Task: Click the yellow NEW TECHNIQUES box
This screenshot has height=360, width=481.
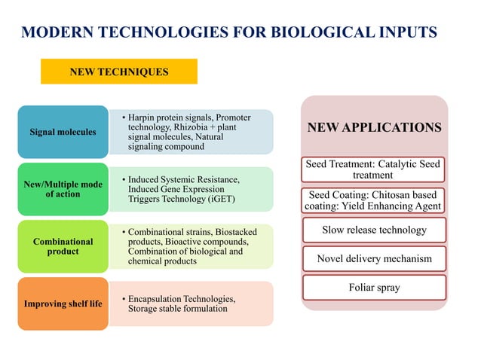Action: pyautogui.click(x=119, y=72)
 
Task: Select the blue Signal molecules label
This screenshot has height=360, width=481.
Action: pyautogui.click(x=63, y=133)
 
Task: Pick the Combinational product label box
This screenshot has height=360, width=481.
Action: pyautogui.click(x=63, y=246)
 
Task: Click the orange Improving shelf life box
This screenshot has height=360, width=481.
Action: pyautogui.click(x=63, y=304)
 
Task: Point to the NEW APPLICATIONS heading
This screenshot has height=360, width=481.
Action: pyautogui.click(x=374, y=128)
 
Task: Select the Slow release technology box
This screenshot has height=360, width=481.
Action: pyautogui.click(x=374, y=230)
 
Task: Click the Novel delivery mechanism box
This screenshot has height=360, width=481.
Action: pyautogui.click(x=374, y=258)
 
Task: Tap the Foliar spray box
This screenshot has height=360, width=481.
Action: pyautogui.click(x=374, y=287)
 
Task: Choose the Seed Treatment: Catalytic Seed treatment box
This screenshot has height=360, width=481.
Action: pyautogui.click(x=374, y=169)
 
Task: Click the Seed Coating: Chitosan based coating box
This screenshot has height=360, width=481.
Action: pyautogui.click(x=374, y=200)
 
